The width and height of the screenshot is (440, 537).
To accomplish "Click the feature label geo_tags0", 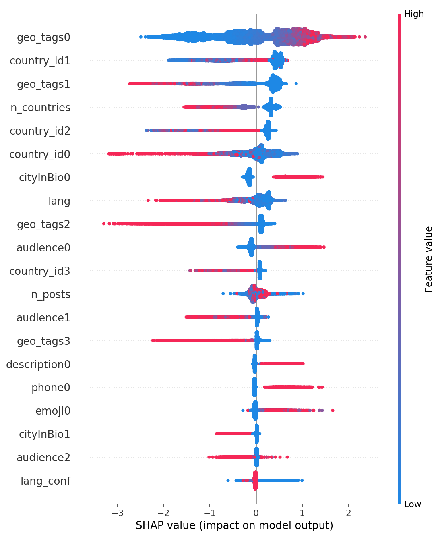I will coord(43,38).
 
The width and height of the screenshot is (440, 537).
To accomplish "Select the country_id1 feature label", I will coord(40,61).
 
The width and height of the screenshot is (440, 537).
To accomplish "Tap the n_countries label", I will coord(41,108).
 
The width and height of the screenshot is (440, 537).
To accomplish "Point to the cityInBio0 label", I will coord(44,178).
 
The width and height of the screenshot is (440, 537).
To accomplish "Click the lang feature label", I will coord(59,201).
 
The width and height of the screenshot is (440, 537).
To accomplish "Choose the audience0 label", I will coord(43,248).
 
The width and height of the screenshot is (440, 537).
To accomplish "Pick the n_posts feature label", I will coord(51,295).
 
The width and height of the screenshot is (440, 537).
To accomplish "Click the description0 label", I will coord(38,365).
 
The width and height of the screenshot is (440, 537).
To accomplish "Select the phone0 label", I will coord(51,388).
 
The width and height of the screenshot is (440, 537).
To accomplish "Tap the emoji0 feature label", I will coord(53,411).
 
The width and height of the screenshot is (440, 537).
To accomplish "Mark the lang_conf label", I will coord(45,481).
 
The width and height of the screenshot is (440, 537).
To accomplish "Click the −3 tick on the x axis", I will coord(117,513).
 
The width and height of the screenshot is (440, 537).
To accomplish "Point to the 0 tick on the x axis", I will coord(256,513).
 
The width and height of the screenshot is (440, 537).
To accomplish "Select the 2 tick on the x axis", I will coord(348,513).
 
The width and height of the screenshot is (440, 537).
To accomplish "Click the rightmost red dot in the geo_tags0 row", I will coord(365,37).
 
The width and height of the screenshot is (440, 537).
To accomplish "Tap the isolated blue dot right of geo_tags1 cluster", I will coord(296,84).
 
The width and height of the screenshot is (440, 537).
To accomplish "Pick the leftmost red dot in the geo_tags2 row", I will coord(104,224).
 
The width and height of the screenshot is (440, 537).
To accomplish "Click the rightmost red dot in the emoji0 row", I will coord(333,411).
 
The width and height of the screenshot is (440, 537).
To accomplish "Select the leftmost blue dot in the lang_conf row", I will coord(228,480).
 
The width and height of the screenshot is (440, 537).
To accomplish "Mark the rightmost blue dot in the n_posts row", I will coord(303,294).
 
